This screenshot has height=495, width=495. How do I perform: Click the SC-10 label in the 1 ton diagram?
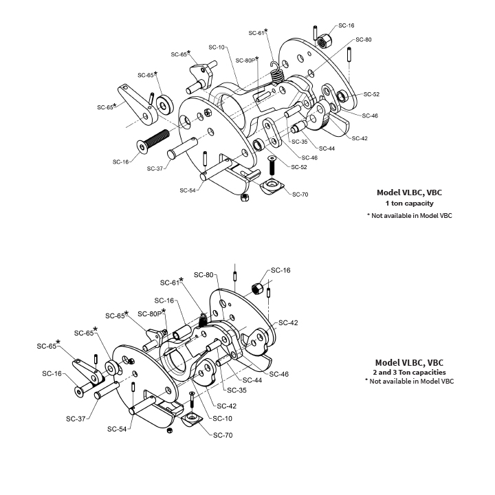pos(217,47)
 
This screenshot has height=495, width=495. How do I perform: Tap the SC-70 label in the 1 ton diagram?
pos(300,195)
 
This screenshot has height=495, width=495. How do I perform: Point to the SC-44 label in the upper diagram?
pos(327,148)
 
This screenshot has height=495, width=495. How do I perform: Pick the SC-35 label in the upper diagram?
pos(299,142)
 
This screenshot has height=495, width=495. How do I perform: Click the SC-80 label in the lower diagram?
pos(204,275)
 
